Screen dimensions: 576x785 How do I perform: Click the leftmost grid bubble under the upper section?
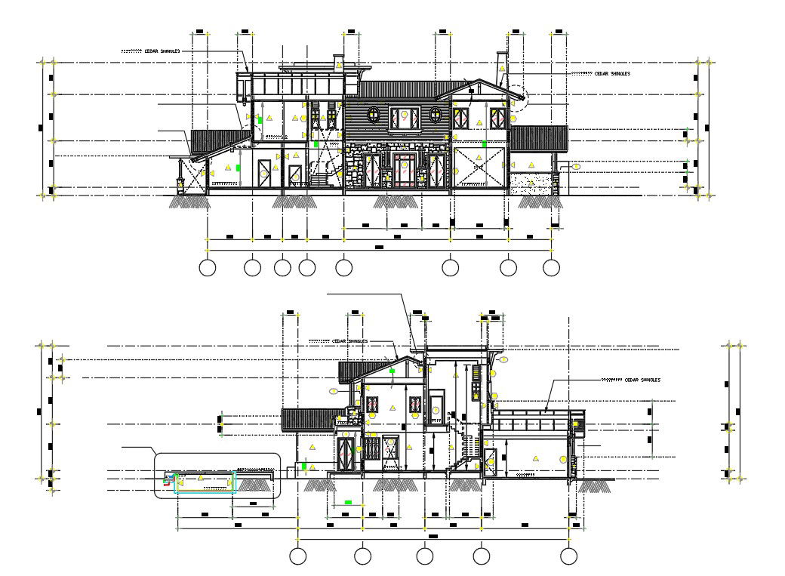tap(207, 267)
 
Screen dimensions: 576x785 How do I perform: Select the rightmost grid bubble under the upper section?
tap(552, 267)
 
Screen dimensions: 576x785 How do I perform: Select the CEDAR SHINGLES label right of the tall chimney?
tap(611, 74)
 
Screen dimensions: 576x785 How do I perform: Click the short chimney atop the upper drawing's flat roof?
tap(338, 63)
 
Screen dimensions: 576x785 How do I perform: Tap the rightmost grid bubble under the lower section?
tap(567, 556)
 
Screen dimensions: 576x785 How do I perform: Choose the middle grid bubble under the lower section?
tap(425, 556)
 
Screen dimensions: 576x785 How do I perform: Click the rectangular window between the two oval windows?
tap(404, 117)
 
